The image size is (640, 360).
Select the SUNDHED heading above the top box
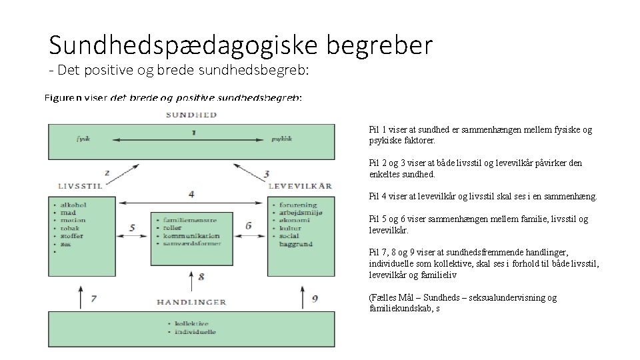coord(191,115)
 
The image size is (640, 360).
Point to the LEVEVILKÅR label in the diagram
coord(300,186)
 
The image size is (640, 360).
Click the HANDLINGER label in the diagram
coord(191,302)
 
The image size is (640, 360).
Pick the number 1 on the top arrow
coord(193,132)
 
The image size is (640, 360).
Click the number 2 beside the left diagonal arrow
coord(107,173)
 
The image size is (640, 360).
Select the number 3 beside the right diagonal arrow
coord(267,174)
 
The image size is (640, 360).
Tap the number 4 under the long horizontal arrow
coord(191,194)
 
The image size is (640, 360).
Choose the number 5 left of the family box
coord(132,227)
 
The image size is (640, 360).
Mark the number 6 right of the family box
coord(249,225)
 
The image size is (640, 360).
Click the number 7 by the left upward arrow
coord(94,299)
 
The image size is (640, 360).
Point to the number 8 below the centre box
coord(201,275)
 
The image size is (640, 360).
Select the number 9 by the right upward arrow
coord(315,299)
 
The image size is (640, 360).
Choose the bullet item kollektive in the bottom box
coord(192,323)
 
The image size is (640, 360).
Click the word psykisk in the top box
coord(282,140)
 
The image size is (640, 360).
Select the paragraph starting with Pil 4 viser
coord(483,197)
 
